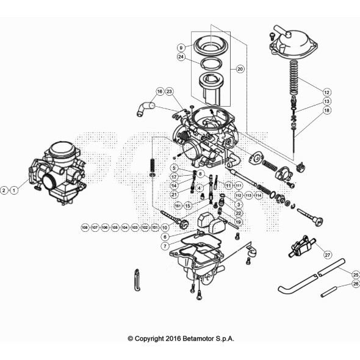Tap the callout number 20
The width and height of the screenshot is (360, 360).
(x=240, y=70)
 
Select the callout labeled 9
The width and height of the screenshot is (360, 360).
(x=181, y=47)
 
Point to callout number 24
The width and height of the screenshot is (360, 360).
(x=181, y=57)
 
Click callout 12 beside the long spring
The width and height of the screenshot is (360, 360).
(x=327, y=92)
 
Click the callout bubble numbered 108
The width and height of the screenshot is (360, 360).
(x=85, y=227)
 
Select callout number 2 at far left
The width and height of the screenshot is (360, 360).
(x=5, y=190)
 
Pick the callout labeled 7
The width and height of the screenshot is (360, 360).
(x=165, y=245)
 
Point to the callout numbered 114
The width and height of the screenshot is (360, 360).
(x=259, y=195)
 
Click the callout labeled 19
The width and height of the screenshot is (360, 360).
(x=238, y=222)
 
